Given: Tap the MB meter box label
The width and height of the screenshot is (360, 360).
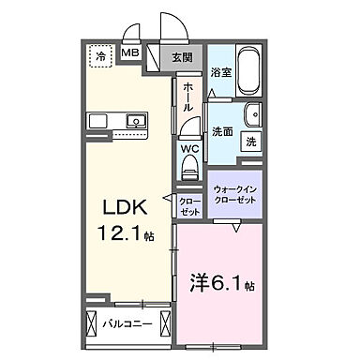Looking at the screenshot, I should click(133, 54).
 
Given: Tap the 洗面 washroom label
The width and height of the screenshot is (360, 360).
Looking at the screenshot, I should click(222, 132).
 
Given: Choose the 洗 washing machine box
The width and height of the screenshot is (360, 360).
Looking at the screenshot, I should click(251, 142).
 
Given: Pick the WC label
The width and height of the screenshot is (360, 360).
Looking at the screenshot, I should click(189, 148).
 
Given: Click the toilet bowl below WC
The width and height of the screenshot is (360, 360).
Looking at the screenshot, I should click(189, 170).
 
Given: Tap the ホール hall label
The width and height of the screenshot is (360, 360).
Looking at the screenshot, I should click(189, 97).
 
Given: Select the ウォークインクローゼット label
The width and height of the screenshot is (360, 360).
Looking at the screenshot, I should click(234, 195).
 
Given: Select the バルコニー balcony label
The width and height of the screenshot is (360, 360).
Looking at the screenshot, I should click(126, 325).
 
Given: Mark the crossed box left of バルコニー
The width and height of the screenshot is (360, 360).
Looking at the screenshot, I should click(92, 325).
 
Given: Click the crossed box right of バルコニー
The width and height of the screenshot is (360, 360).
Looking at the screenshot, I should click(163, 325).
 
